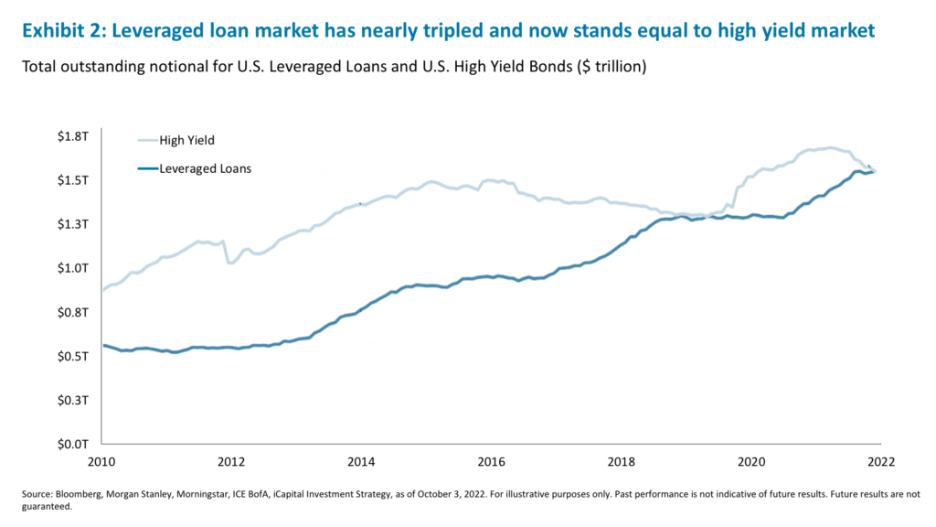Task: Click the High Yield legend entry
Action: click(186, 140)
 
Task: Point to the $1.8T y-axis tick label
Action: click(71, 135)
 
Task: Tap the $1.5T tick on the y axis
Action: click(71, 179)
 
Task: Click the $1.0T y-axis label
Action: click(71, 268)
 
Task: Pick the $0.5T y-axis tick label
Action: click(71, 356)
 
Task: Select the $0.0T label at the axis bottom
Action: click(71, 445)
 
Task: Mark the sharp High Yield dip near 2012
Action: click(229, 263)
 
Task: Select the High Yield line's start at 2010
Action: click(102, 289)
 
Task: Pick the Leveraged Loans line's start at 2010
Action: click(102, 345)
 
